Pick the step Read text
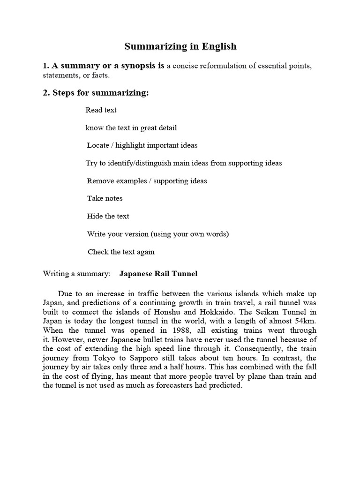coord(101,110)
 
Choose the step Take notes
coord(105,198)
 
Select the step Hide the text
coord(108,216)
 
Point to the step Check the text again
coord(121,252)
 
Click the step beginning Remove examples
coord(147,181)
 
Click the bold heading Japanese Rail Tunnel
coord(158,274)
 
